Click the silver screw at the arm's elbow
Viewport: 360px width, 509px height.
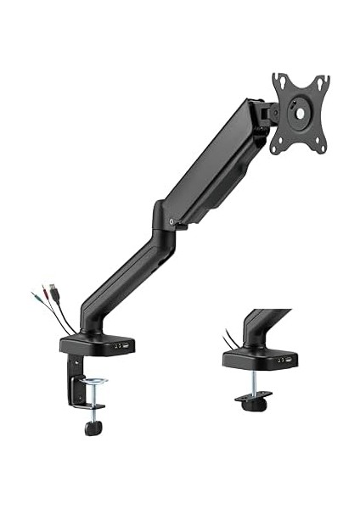click(x=172, y=221)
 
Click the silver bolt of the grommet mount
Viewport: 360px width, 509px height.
click(x=253, y=383)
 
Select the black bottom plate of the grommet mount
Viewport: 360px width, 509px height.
click(x=253, y=399)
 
